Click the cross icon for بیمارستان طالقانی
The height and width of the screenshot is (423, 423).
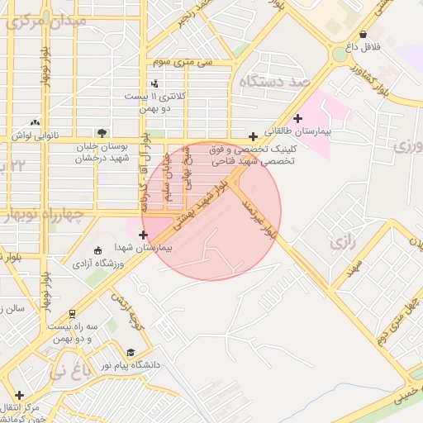(x=297, y=119)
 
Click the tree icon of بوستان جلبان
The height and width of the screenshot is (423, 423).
(x=101, y=133)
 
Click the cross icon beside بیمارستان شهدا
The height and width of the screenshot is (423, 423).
(x=144, y=235)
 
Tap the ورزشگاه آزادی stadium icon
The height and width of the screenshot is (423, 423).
(x=97, y=250)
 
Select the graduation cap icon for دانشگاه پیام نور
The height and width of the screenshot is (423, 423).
(x=133, y=353)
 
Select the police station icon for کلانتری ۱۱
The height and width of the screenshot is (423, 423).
(x=154, y=83)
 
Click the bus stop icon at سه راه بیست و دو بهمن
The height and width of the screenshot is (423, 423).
(x=73, y=314)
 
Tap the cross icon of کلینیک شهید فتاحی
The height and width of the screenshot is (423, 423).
(x=252, y=135)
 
